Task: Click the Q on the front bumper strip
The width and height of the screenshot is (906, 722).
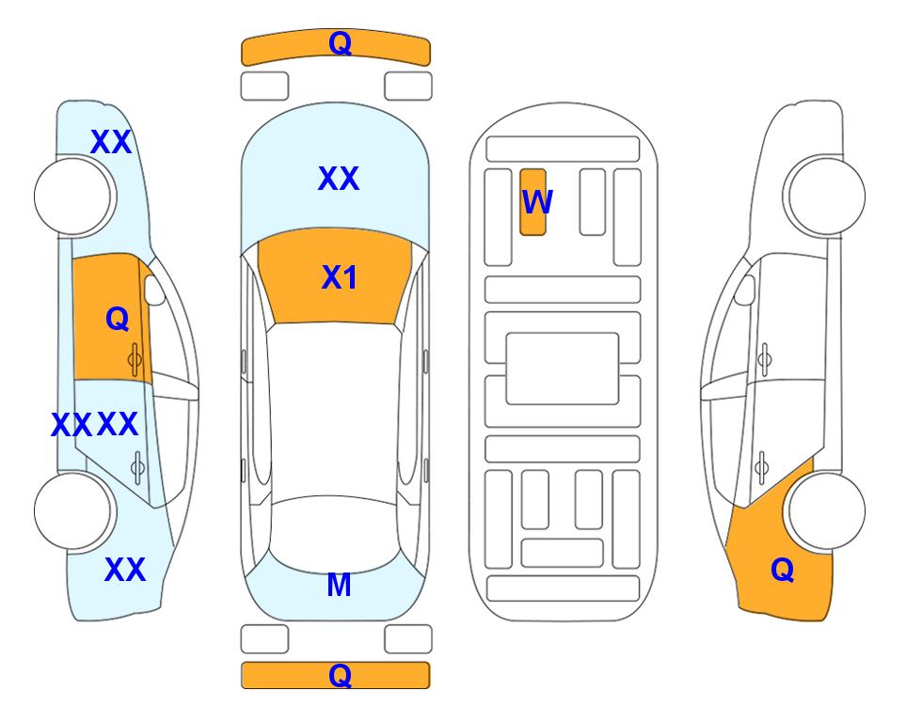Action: pyautogui.click(x=340, y=42)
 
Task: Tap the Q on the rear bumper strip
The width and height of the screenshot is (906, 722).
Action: pyautogui.click(x=340, y=675)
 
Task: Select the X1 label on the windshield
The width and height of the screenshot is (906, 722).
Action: pyautogui.click(x=340, y=277)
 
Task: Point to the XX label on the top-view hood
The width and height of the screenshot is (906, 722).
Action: pyautogui.click(x=339, y=179)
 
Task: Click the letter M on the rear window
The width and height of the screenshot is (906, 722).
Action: pyautogui.click(x=340, y=585)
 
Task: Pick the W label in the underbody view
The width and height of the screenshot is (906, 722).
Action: pyautogui.click(x=537, y=202)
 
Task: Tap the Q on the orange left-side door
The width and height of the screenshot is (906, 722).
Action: pyautogui.click(x=118, y=319)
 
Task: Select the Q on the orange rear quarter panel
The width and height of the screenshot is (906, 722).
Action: pyautogui.click(x=783, y=570)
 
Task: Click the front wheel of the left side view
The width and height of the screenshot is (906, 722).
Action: pyautogui.click(x=73, y=196)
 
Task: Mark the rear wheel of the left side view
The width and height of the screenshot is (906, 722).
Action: pyautogui.click(x=73, y=510)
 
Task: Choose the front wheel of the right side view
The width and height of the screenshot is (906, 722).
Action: pyautogui.click(x=826, y=196)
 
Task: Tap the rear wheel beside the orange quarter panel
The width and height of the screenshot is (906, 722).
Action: pyautogui.click(x=826, y=510)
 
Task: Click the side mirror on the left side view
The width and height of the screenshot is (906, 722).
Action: pyautogui.click(x=154, y=290)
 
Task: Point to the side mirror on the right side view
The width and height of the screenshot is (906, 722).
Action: pyautogui.click(x=745, y=290)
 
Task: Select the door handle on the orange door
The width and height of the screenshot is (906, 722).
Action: pyautogui.click(x=135, y=360)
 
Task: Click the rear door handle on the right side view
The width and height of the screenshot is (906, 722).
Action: pyautogui.click(x=761, y=468)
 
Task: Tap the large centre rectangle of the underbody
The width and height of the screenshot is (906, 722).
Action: pyautogui.click(x=563, y=369)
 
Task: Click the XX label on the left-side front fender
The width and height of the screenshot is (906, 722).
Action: pyautogui.click(x=112, y=142)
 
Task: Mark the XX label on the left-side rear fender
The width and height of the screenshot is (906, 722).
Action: pyautogui.click(x=125, y=570)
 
